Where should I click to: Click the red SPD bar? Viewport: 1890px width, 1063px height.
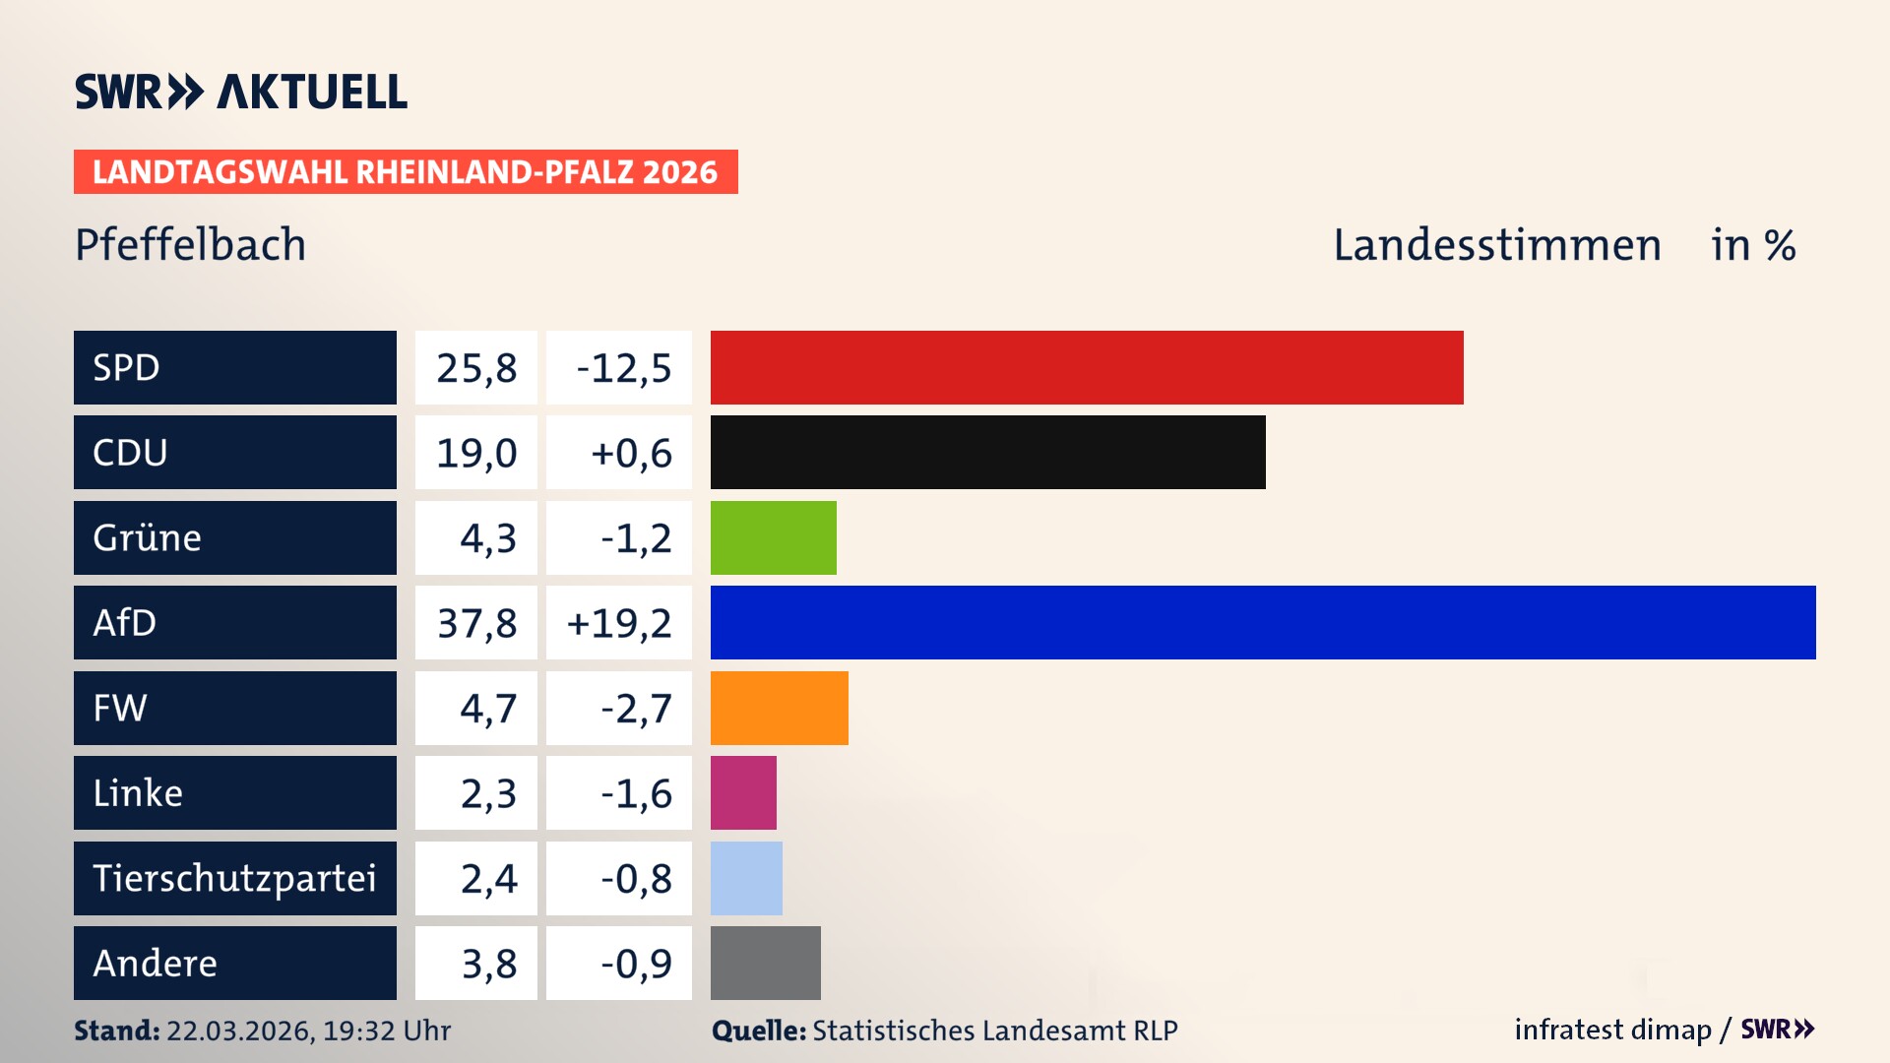click(x=1087, y=367)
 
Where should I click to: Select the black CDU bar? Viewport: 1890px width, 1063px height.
click(x=987, y=452)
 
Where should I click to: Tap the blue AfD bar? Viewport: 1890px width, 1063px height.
click(x=1263, y=622)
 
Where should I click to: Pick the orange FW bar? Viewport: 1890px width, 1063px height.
click(x=779, y=708)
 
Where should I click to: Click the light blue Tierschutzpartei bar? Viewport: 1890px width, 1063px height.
click(x=746, y=878)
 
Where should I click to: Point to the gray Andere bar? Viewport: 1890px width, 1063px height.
click(x=765, y=963)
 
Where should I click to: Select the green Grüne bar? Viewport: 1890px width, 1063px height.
click(x=773, y=537)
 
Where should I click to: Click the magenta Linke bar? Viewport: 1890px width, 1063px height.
click(x=743, y=792)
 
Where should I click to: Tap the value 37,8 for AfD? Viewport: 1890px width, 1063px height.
click(x=476, y=623)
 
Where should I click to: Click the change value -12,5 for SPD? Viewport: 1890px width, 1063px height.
click(x=623, y=368)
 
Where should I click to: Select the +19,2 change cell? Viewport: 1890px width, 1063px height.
click(x=619, y=623)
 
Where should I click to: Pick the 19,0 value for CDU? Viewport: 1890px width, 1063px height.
click(x=476, y=453)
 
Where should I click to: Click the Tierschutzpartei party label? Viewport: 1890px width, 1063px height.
click(x=234, y=878)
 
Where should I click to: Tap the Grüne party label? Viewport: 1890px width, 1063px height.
click(x=148, y=537)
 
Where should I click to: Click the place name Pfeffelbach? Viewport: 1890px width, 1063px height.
click(x=190, y=245)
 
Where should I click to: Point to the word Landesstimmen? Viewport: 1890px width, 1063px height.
click(x=1496, y=245)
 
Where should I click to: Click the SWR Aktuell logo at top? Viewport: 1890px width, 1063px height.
click(x=241, y=92)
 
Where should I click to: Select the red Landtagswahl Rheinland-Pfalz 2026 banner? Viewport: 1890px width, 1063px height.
click(x=405, y=172)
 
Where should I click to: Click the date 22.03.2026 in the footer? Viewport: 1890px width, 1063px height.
click(x=239, y=1031)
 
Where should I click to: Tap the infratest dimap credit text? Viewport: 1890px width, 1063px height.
click(x=1612, y=1030)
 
